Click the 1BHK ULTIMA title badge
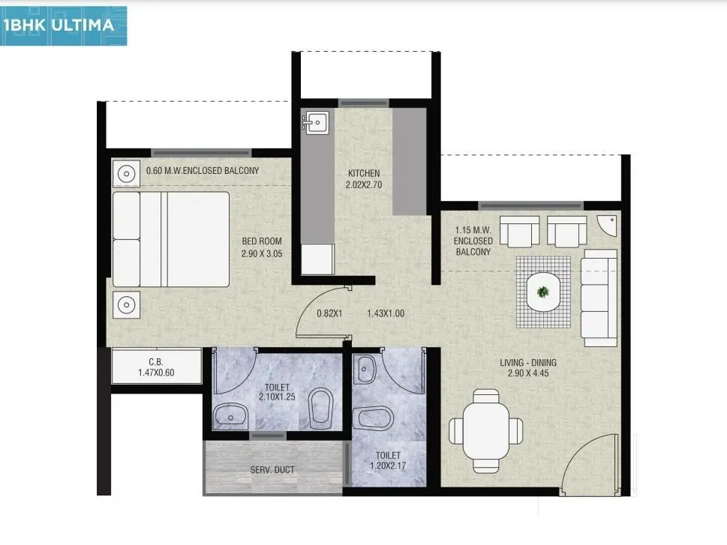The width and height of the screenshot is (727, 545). coord(63,25)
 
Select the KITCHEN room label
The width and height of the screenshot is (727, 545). coord(363,173)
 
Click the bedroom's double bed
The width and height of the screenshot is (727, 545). coord(171,239)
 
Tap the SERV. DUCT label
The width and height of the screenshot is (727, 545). coord(272,470)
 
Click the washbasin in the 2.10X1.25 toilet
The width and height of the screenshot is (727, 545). coord(230,415)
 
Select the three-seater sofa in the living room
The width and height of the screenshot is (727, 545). coord(599,298)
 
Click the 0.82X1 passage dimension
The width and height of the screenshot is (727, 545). coord(329,313)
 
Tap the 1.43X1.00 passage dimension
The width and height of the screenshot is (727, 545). coord(386,313)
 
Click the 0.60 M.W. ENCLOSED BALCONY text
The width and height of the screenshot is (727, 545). coord(202,171)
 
